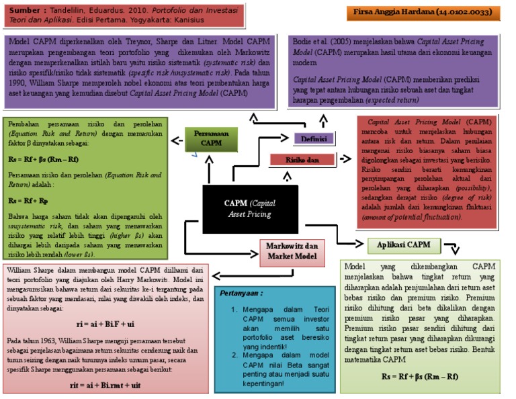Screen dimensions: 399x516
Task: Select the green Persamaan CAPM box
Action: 212,138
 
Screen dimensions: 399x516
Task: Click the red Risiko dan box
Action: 302,160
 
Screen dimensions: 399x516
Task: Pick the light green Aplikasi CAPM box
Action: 398,245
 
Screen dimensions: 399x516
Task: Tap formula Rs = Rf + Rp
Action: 27,200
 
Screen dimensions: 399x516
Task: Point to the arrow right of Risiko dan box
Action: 346,159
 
